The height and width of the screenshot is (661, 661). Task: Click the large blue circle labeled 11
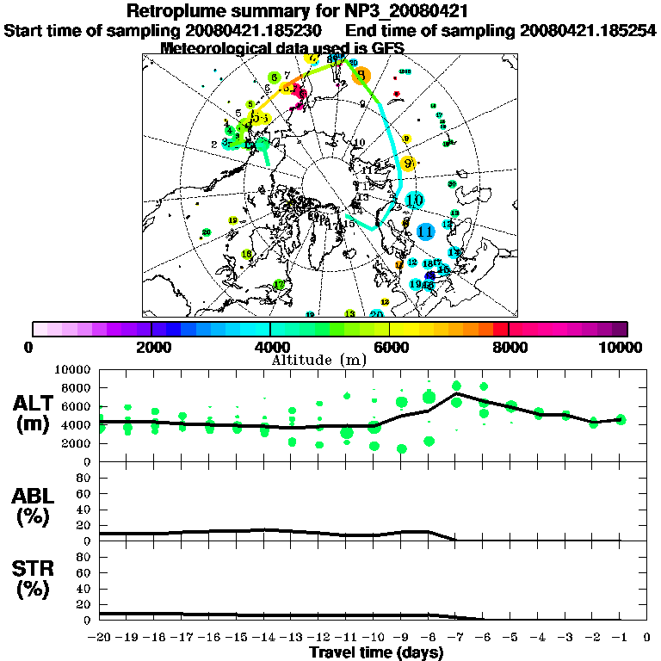click(424, 232)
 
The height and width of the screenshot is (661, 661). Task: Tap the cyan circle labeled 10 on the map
click(415, 201)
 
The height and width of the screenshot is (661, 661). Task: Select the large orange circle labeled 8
click(361, 75)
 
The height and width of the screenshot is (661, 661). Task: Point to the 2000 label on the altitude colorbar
click(151, 347)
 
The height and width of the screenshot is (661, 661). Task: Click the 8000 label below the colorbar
click(508, 347)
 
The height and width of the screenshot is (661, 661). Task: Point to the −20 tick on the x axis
click(100, 638)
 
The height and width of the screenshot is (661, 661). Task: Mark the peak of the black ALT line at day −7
click(456, 393)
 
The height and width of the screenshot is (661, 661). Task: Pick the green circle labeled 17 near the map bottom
click(278, 285)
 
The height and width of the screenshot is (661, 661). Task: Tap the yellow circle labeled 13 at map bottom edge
click(349, 313)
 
